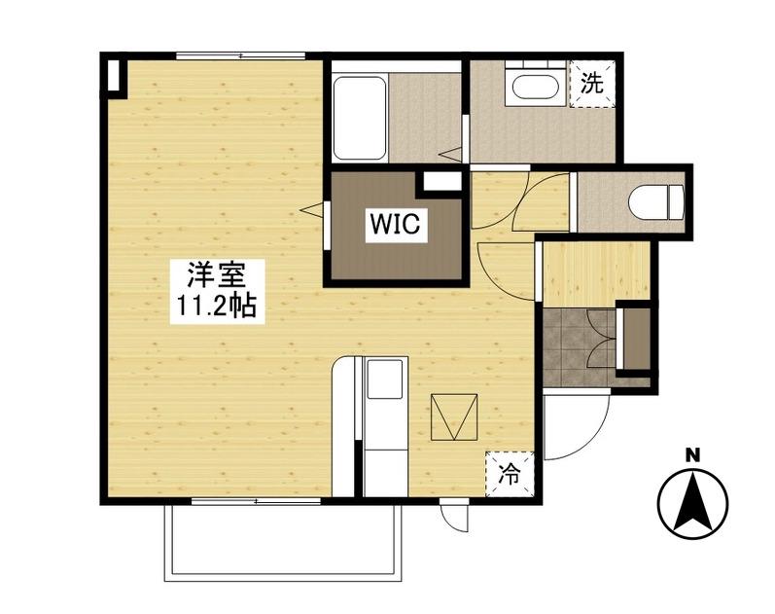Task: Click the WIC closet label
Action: click(396, 224)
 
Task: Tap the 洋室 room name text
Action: click(217, 274)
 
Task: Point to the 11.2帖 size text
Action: click(217, 307)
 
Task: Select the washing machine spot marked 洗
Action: click(592, 84)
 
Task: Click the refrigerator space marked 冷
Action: click(510, 475)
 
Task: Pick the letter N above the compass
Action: click(693, 455)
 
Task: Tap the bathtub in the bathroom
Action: click(360, 118)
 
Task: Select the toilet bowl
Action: click(656, 201)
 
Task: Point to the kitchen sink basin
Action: click(384, 378)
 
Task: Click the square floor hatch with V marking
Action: click(454, 417)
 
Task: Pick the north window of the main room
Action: click(241, 55)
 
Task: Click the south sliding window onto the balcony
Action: click(257, 501)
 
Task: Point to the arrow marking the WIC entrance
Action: click(312, 210)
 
